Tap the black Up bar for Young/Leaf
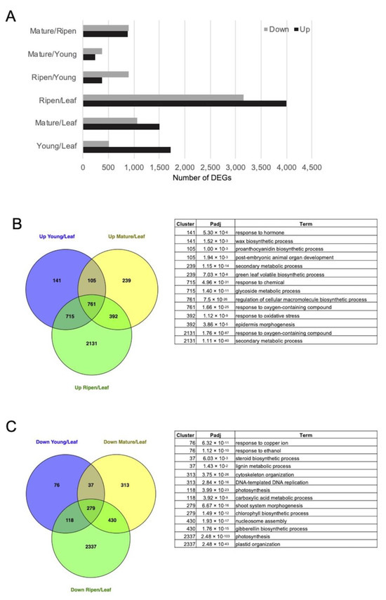126,150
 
